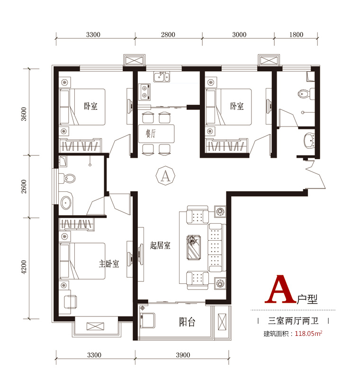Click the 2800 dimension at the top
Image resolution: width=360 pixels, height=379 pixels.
168,35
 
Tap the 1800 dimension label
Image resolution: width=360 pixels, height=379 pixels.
296,35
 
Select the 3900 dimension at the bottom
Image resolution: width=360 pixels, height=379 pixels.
183,355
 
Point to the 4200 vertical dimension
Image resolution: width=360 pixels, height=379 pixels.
24,267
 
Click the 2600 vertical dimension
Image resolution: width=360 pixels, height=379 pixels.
24,186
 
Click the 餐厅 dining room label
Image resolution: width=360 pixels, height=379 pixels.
151,133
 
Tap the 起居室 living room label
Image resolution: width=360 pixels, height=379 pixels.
160,245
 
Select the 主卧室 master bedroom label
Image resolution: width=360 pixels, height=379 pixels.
109,264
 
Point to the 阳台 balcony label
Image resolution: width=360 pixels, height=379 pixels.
187,322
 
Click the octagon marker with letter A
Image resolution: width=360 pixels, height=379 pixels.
165,176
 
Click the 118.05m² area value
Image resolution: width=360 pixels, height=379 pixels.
308,334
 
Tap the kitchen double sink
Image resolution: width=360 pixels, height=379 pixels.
162,77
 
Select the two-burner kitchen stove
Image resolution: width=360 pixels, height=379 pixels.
144,92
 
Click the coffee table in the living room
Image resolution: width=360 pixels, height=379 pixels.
194,247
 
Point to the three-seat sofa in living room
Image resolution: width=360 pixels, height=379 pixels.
217,247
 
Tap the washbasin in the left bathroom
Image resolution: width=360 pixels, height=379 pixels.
66,203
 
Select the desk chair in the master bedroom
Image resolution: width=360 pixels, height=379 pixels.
70,302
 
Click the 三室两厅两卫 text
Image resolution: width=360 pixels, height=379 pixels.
293,321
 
